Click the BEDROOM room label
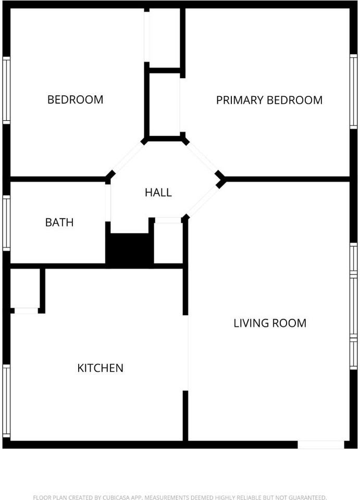click(x=75, y=99)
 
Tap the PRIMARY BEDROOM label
click(x=269, y=100)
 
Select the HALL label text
click(x=158, y=193)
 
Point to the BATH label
click(x=59, y=222)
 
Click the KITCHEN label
click(x=100, y=368)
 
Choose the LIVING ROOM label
click(x=269, y=323)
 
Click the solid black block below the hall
click(x=130, y=249)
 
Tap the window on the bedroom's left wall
click(x=6, y=90)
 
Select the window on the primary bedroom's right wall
click(x=353, y=91)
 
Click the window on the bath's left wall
click(x=6, y=222)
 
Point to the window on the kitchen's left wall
click(x=6, y=401)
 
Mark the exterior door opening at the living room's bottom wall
click(x=320, y=445)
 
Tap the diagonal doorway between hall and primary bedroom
click(x=202, y=157)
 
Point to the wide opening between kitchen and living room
click(x=186, y=353)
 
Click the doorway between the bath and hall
click(x=108, y=203)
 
